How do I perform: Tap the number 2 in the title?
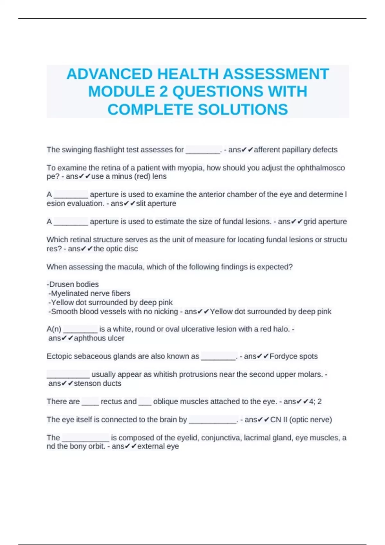pos(164,92)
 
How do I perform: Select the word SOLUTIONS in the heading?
pos(243,110)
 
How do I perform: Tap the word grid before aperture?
pos(310,222)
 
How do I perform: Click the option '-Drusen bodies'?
pos(73,284)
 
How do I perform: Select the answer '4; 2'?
pos(315,402)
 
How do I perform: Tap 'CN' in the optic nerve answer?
pos(276,420)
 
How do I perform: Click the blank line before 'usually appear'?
pos(68,375)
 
